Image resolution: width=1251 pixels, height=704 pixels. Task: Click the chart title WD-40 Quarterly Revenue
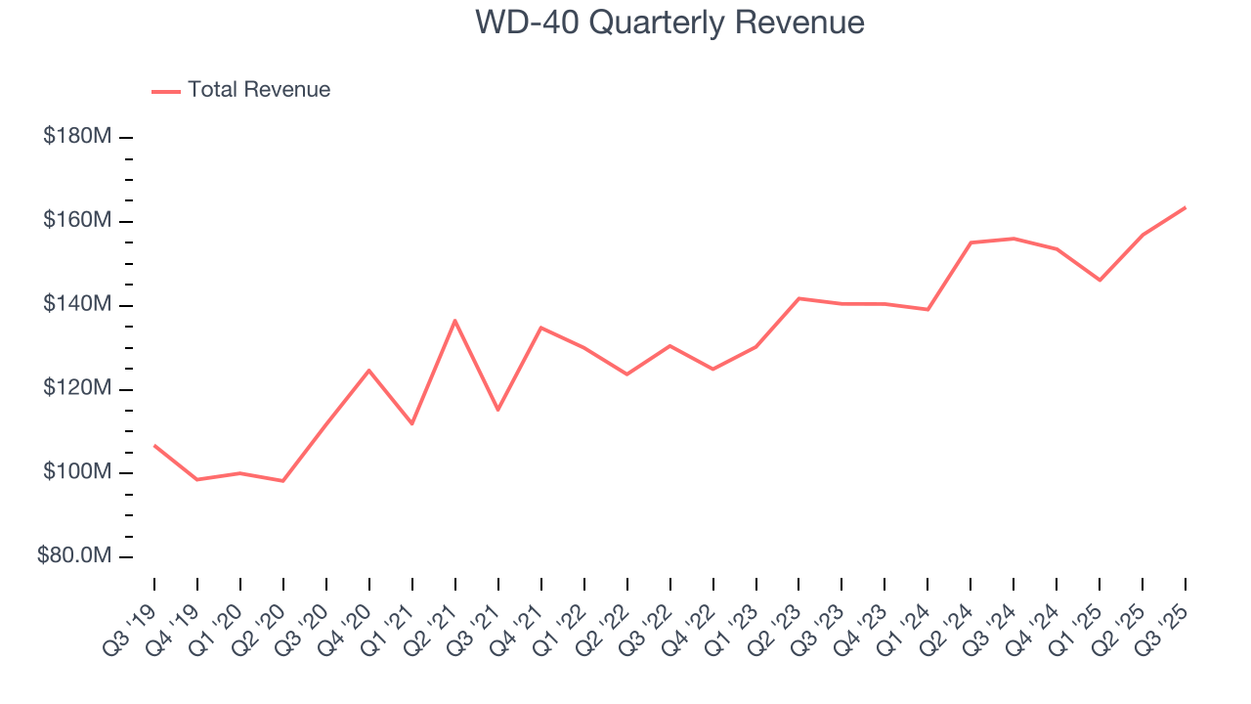669,22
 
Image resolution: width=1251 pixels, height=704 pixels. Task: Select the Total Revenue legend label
259,90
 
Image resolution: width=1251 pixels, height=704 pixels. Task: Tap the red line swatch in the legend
166,91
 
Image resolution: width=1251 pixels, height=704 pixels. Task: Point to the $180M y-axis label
76,137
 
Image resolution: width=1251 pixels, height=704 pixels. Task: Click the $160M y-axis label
76,221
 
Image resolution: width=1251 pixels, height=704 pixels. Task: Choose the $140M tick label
76,305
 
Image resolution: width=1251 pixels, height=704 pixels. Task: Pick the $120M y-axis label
76,389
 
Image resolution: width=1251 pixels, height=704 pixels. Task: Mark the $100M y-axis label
76,473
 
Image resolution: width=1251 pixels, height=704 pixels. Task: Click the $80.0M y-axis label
73,556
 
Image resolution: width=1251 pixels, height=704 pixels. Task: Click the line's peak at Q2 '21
455,321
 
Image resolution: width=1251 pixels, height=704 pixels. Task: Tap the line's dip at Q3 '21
497,410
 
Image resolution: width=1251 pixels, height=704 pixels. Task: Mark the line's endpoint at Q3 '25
1185,207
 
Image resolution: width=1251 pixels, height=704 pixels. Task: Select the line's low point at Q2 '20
282,481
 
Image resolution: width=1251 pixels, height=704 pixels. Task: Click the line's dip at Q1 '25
1100,281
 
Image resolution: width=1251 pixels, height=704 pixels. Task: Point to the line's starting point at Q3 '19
154,446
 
